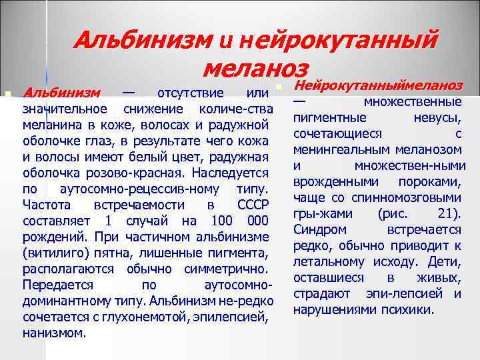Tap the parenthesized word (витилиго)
(x=55, y=253)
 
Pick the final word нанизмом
(x=54, y=333)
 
